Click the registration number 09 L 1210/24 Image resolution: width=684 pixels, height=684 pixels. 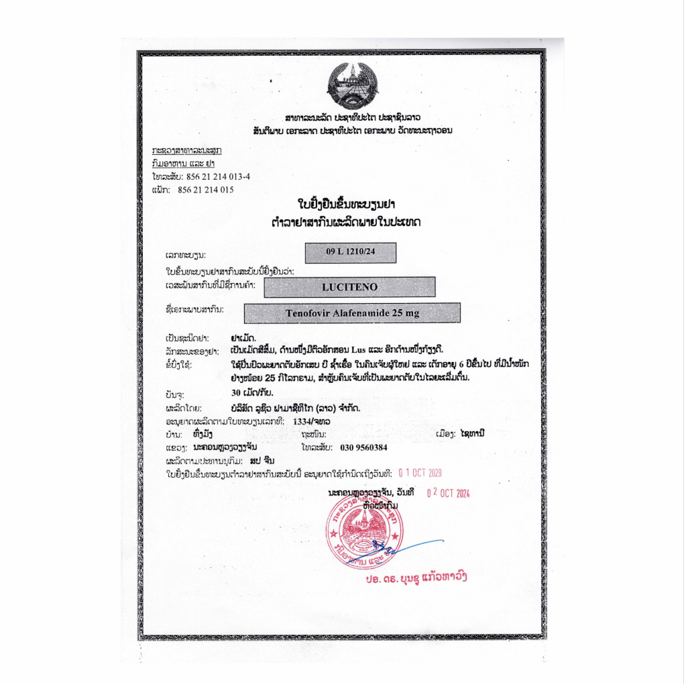[350, 252]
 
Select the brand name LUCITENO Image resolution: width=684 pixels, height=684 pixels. [349, 287]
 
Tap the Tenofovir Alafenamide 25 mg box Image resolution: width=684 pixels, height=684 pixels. [352, 313]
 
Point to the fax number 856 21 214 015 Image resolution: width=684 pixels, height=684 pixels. [205, 190]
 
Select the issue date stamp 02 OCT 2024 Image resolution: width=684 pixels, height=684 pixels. [449, 493]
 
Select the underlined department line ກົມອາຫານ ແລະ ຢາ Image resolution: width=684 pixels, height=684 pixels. [178, 162]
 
